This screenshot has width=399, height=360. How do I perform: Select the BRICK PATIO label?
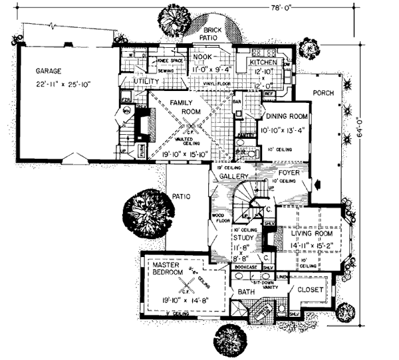pos(213,35)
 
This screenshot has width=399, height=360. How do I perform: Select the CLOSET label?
pos(310,290)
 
